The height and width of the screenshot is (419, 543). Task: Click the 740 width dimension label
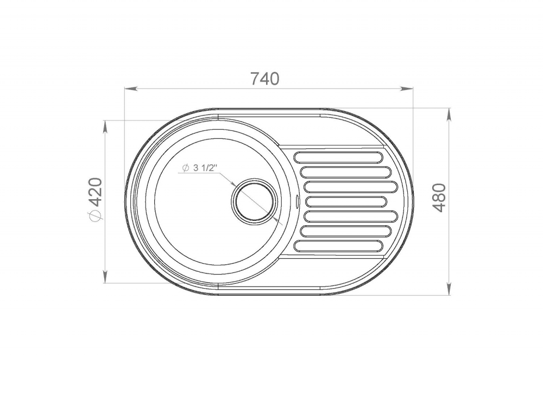[264, 79]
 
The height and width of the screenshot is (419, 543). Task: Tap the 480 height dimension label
[439, 198]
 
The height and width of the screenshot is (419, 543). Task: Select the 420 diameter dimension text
[94, 192]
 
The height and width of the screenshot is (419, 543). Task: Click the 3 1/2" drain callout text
[205, 168]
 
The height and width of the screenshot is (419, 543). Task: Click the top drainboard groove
[338, 157]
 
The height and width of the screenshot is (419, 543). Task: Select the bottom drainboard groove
[338, 245]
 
